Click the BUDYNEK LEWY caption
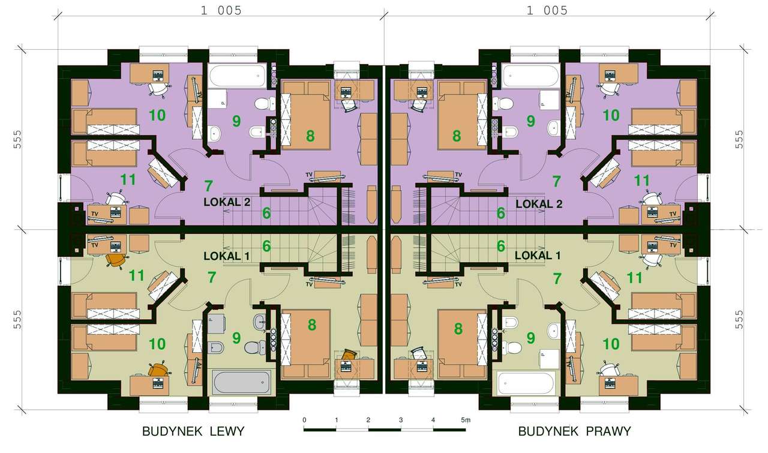(x=193, y=431)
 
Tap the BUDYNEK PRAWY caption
(x=574, y=431)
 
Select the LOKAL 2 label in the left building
(x=227, y=202)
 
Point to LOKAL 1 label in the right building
(x=538, y=256)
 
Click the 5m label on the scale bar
(x=466, y=420)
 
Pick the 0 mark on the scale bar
(x=304, y=420)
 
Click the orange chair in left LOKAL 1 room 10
(x=158, y=370)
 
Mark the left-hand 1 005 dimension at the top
(x=221, y=11)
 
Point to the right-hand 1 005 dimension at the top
(x=547, y=11)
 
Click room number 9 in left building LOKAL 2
(x=236, y=121)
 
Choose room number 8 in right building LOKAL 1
(x=458, y=329)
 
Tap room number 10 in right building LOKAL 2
(x=611, y=116)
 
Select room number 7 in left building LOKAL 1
(x=212, y=277)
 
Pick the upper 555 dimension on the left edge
(x=17, y=139)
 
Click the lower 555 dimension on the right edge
(x=739, y=320)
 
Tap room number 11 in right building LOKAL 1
(x=634, y=278)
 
